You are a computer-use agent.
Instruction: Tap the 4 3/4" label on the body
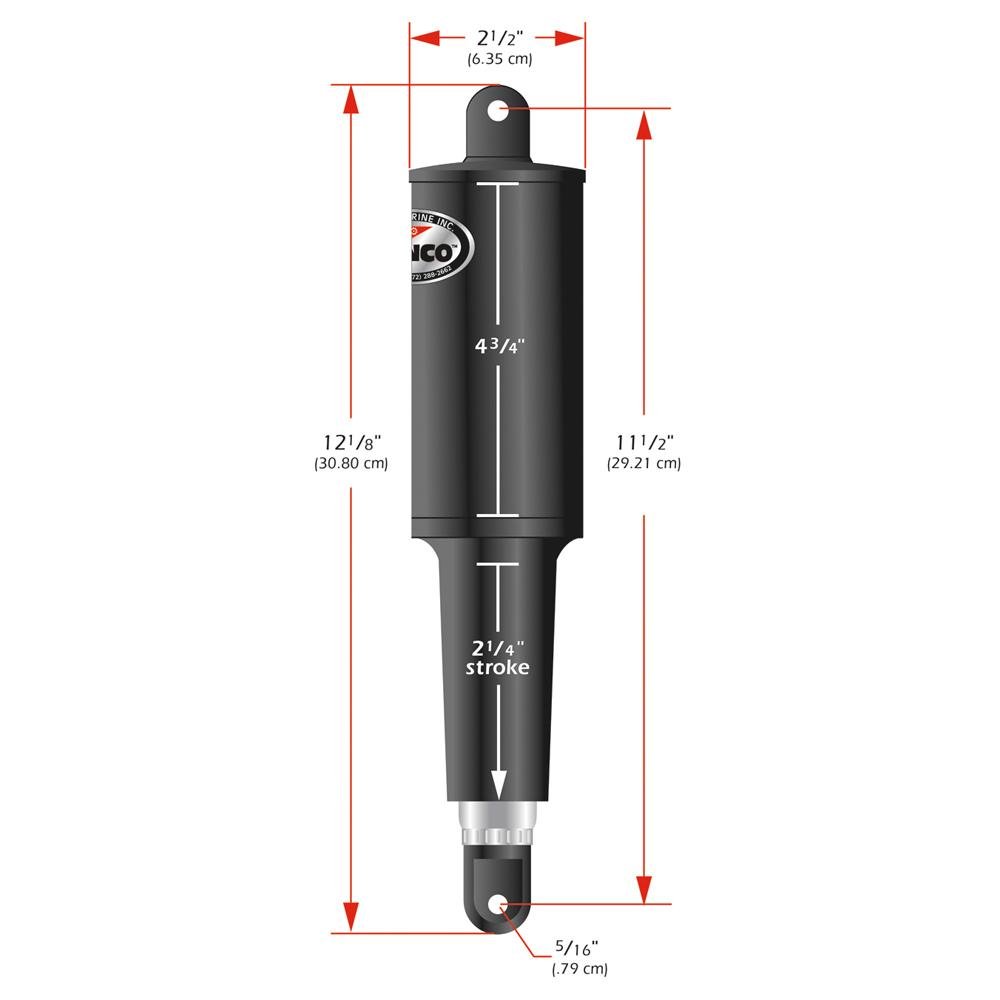(x=498, y=347)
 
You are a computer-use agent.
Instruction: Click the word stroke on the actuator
(x=497, y=668)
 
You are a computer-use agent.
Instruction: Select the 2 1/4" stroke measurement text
(x=497, y=645)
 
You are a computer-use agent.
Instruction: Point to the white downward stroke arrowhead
(x=498, y=784)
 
